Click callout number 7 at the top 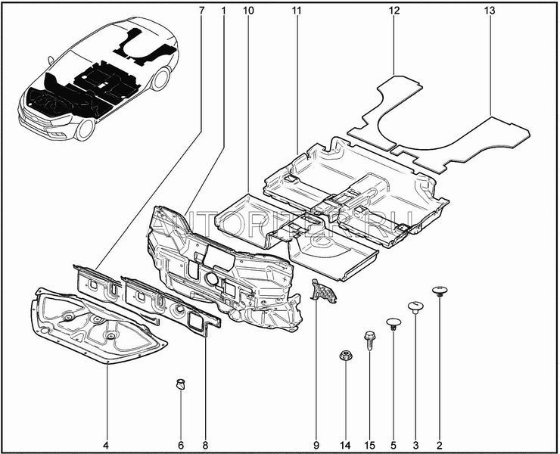(x=201, y=11)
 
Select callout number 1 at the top (x=224, y=11)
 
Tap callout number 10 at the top (x=249, y=11)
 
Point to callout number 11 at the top (x=296, y=11)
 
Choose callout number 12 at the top (x=394, y=11)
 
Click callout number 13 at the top (x=490, y=11)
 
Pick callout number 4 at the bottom (x=107, y=443)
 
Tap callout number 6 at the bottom (x=181, y=443)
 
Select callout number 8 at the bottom (x=204, y=443)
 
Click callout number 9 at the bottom (x=316, y=443)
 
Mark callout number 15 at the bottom (x=369, y=443)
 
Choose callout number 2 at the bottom (x=440, y=443)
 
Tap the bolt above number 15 (x=369, y=337)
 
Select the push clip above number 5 (x=393, y=324)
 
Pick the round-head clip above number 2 (x=440, y=291)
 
